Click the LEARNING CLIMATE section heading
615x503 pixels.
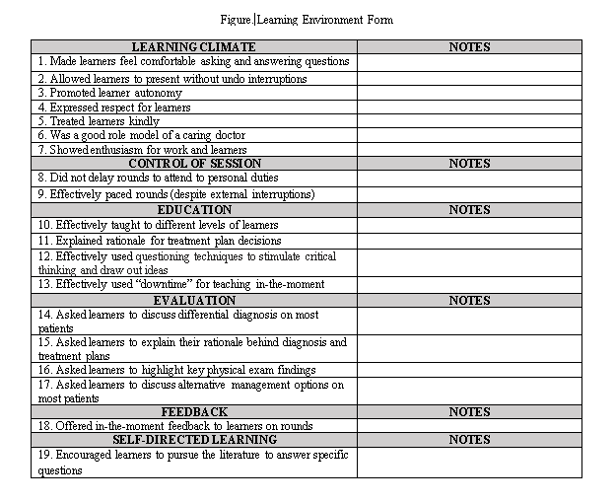[193, 47]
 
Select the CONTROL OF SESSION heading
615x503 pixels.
[193, 164]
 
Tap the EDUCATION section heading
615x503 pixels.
[193, 210]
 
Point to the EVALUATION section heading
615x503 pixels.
[193, 300]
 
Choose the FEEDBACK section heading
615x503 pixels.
[193, 411]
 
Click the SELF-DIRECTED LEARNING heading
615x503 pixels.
[193, 439]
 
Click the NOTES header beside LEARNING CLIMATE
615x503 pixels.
[469, 47]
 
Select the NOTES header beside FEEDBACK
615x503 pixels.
[469, 411]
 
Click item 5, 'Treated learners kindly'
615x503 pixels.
[99, 121]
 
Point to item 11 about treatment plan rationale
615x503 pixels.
[160, 241]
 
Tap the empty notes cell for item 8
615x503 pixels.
[469, 179]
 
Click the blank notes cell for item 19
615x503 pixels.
[469, 463]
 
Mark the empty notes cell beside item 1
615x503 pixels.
[469, 62]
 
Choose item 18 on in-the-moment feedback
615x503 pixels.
[175, 426]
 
